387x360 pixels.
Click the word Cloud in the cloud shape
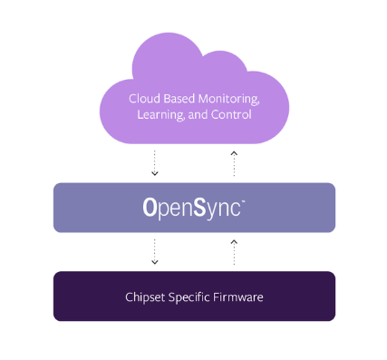click(142, 99)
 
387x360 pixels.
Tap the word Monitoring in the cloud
click(227, 99)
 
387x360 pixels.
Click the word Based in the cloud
click(179, 99)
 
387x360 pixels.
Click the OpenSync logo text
click(193, 208)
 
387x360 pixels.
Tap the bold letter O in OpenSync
click(150, 207)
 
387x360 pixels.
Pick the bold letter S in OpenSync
click(198, 207)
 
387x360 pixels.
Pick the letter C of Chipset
click(129, 297)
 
